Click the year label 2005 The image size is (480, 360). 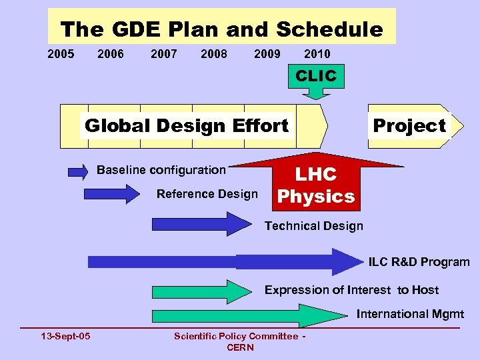tap(61, 54)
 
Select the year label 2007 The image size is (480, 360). tap(164, 54)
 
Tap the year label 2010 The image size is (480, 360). tap(317, 54)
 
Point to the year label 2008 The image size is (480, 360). tap(213, 54)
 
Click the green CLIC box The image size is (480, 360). tap(316, 76)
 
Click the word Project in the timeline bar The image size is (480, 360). tap(409, 125)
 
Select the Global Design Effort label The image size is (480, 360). tap(187, 125)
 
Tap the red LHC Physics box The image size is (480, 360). tap(316, 185)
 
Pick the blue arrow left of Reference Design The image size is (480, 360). tap(109, 195)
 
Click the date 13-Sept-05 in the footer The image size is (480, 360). tap(65, 336)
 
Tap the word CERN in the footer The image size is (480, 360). tap(240, 347)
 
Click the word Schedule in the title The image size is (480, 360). tap(329, 30)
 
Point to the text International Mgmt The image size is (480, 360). tap(410, 314)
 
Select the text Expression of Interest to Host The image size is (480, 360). tap(351, 290)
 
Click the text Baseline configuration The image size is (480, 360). tap(161, 170)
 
